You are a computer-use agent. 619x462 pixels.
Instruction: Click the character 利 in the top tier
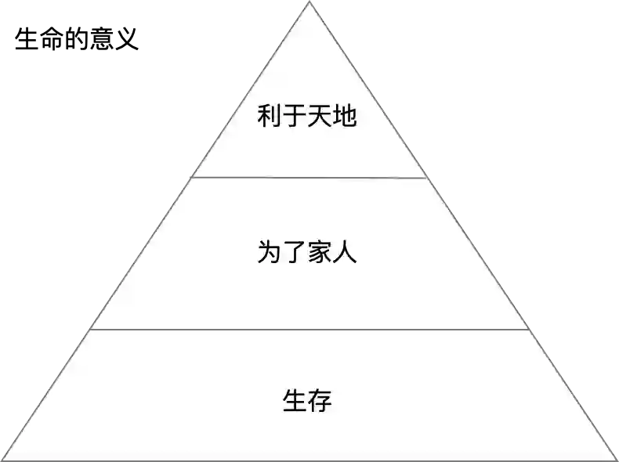(x=269, y=117)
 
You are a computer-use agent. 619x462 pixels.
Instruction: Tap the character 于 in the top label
(x=294, y=117)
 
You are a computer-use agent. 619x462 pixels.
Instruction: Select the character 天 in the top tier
(x=319, y=117)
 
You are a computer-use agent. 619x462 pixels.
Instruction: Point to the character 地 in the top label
(x=344, y=117)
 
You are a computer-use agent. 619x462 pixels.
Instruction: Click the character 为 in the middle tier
(x=269, y=253)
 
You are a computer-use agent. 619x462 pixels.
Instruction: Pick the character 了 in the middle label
(x=294, y=253)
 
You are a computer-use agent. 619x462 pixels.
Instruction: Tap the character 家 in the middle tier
(x=319, y=253)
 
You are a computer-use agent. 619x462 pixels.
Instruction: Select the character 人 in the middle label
(x=344, y=253)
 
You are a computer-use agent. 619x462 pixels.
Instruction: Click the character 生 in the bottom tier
(x=294, y=400)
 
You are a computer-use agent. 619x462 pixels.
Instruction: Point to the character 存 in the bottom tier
(x=319, y=400)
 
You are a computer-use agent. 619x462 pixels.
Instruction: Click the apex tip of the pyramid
(x=309, y=4)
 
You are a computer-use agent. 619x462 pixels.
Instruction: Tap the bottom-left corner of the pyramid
(x=3, y=459)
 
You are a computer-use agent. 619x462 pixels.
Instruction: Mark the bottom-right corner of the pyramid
(x=616, y=459)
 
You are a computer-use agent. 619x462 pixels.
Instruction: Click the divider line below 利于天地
(x=309, y=178)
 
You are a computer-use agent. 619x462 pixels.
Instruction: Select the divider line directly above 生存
(x=309, y=330)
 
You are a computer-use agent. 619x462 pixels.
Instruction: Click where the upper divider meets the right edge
(x=427, y=178)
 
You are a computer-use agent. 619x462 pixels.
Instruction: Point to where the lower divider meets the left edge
(x=90, y=330)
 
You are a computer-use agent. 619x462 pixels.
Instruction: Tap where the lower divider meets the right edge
(x=529, y=330)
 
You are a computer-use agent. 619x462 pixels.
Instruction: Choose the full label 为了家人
(x=306, y=253)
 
